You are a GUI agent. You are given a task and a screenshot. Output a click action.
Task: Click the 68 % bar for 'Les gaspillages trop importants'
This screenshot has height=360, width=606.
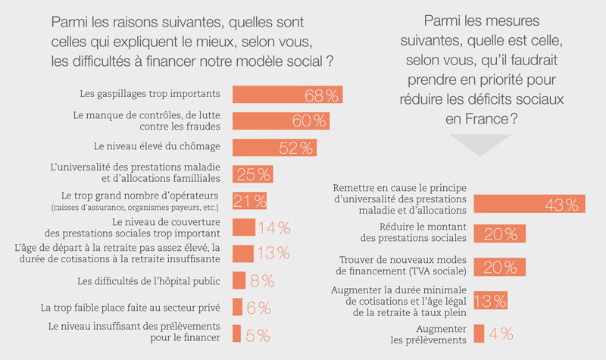point(286,95)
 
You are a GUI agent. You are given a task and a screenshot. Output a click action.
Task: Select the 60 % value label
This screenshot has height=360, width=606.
point(309,121)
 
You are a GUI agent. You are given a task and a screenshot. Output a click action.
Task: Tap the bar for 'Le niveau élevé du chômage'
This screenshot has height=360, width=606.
point(273,148)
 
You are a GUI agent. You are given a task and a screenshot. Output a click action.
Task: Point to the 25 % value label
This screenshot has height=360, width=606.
point(254,174)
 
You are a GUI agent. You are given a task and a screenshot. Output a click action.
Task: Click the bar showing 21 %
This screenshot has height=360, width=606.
point(249,201)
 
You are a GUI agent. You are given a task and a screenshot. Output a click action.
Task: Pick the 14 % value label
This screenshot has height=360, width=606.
point(273,227)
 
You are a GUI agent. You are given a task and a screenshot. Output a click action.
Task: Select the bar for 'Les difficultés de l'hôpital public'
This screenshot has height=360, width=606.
point(239,280)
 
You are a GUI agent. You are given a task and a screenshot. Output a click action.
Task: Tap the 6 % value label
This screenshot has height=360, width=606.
point(259,307)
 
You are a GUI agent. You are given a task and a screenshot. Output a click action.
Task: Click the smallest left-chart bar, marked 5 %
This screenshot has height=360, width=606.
point(236,333)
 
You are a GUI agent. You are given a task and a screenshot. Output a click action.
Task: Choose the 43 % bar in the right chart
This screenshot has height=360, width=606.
point(528,204)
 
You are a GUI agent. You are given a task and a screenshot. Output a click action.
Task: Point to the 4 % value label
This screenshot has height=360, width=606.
point(501,333)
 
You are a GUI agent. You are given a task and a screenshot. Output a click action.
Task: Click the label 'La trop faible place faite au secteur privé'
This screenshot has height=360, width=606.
point(130,307)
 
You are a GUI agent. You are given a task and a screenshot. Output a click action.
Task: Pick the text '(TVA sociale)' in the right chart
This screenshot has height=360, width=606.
point(430,272)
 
